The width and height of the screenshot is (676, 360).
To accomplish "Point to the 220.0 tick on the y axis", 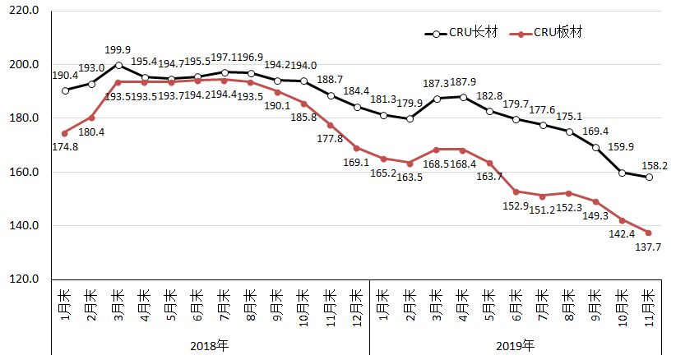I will [24, 12].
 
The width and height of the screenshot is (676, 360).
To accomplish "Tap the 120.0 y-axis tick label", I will [24, 279].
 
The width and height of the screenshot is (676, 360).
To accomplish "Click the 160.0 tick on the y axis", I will [24, 173].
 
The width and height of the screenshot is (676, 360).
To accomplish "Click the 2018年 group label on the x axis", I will [211, 345].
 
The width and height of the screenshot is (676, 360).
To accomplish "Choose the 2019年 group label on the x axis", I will [516, 345].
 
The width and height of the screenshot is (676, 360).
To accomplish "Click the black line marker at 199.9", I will [119, 65].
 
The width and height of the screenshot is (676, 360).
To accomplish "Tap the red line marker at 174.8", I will [65, 133].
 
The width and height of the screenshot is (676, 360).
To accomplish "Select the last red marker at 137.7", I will [649, 233].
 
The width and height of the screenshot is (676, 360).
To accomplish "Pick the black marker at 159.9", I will [623, 173].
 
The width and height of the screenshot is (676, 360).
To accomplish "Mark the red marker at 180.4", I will [92, 118].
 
